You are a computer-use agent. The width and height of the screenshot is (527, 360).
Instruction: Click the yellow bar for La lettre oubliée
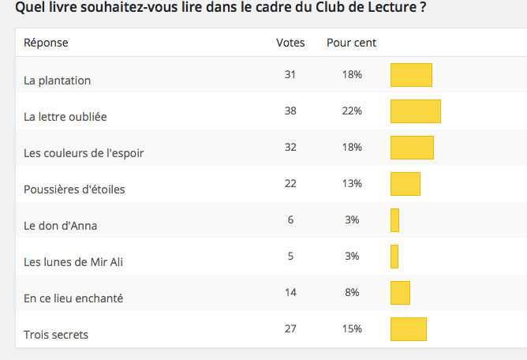pyautogui.click(x=416, y=111)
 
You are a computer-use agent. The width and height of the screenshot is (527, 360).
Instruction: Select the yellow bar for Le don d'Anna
pyautogui.click(x=395, y=220)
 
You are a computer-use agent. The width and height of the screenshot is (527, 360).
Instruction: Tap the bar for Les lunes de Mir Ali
pyautogui.click(x=394, y=257)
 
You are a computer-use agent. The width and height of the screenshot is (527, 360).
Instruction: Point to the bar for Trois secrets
pyautogui.click(x=409, y=329)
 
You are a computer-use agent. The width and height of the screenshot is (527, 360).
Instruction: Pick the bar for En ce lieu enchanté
pyautogui.click(x=401, y=293)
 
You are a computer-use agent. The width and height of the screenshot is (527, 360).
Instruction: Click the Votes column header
pyautogui.click(x=290, y=43)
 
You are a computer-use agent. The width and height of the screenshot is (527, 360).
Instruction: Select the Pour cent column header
pyautogui.click(x=352, y=43)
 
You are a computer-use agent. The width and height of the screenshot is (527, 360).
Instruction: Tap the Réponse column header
pyautogui.click(x=46, y=43)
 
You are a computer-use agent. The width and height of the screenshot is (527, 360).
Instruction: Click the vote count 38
pyautogui.click(x=290, y=111)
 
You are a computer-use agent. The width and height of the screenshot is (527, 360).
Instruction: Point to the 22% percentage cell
pyautogui.click(x=352, y=111)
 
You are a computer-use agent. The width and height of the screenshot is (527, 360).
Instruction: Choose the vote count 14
pyautogui.click(x=290, y=292)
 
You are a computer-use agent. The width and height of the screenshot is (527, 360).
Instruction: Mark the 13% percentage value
pyautogui.click(x=352, y=183)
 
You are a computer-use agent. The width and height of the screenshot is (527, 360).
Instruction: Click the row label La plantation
pyautogui.click(x=58, y=81)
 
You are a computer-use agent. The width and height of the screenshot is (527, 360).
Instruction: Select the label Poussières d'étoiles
pyautogui.click(x=74, y=189)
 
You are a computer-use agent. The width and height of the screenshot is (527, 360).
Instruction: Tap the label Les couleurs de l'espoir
pyautogui.click(x=84, y=153)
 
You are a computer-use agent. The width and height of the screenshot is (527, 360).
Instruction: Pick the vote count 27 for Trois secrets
pyautogui.click(x=290, y=328)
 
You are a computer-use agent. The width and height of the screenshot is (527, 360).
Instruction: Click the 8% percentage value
pyautogui.click(x=352, y=292)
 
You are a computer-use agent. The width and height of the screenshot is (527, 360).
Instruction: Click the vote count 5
pyautogui.click(x=290, y=256)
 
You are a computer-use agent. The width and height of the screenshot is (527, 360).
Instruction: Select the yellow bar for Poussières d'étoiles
pyautogui.click(x=406, y=184)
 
